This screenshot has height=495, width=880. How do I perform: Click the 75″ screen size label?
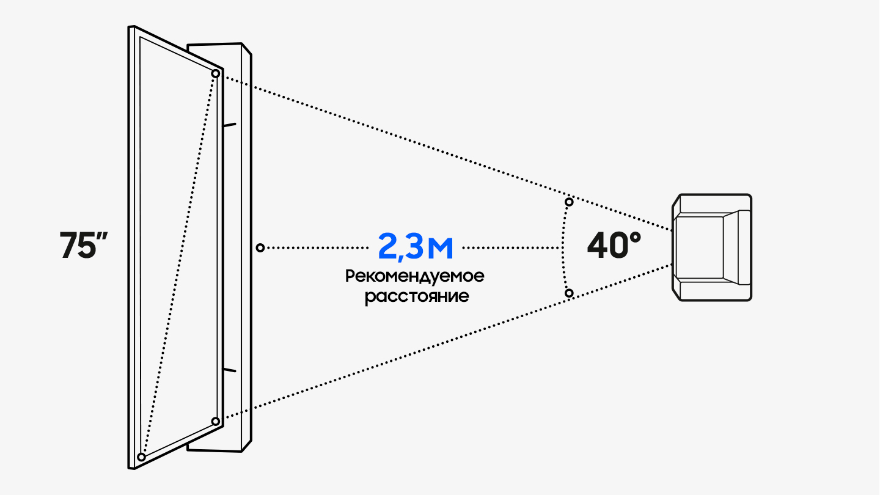(x=84, y=245)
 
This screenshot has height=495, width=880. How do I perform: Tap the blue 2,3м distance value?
(x=416, y=247)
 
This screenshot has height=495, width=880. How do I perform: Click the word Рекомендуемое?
(x=415, y=276)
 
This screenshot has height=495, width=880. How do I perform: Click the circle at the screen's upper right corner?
(x=215, y=73)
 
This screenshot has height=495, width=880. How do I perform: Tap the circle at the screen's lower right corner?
(x=215, y=422)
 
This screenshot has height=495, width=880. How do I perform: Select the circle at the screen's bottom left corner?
(x=141, y=457)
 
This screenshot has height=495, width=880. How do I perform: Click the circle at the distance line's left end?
(x=260, y=248)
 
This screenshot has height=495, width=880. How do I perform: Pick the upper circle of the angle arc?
(x=569, y=202)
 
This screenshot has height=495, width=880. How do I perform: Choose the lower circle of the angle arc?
(x=569, y=293)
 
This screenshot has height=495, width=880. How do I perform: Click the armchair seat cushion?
(x=699, y=248)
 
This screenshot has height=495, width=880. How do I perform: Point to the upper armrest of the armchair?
(x=712, y=204)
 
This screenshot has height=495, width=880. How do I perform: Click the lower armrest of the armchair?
(x=712, y=291)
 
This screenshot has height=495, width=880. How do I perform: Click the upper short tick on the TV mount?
(x=230, y=125)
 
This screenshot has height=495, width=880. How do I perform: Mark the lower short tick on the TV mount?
(x=230, y=370)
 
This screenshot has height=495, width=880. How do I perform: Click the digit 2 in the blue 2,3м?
(x=388, y=246)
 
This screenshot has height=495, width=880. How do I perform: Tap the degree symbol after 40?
(x=636, y=237)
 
